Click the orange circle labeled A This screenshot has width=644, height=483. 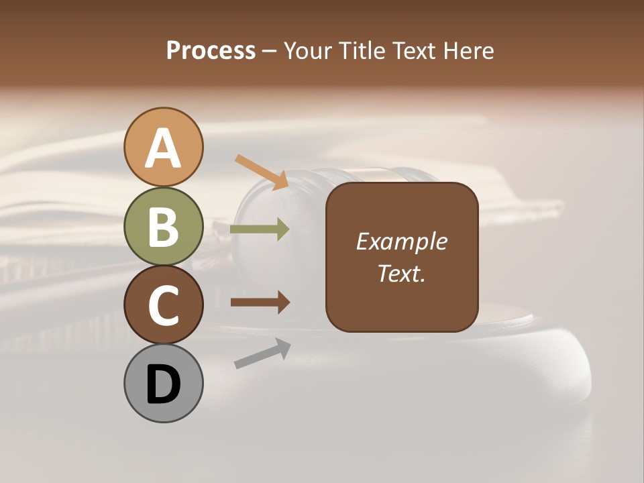point(163,148)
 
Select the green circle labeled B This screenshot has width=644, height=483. point(163,226)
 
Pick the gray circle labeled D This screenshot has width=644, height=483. point(163,383)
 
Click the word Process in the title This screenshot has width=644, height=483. point(211,51)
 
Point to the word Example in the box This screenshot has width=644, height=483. point(401,241)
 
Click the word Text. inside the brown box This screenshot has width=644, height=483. point(401,273)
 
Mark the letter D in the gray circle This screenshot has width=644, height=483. point(163,385)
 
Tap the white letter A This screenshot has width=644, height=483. point(163,149)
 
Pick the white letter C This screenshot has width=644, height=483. point(163,305)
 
